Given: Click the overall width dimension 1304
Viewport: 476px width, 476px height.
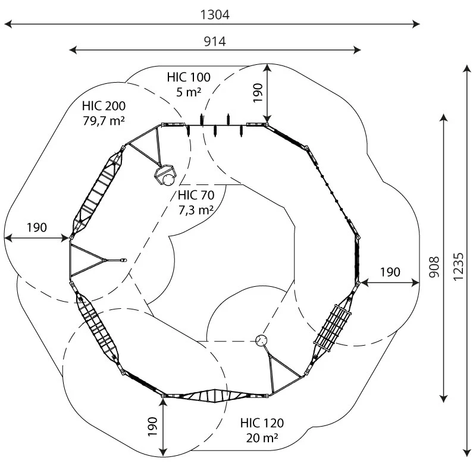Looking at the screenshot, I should point(215,15).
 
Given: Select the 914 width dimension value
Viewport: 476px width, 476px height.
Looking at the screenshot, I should point(215,41).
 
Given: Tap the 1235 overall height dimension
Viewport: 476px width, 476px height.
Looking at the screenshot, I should point(458,262).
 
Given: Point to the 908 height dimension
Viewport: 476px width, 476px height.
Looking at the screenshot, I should point(435,262).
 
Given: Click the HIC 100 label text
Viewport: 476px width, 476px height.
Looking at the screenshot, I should point(189,77).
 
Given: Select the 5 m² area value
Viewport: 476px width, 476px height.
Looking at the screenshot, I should point(189,92).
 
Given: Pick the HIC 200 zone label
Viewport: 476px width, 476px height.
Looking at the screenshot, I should point(104,107).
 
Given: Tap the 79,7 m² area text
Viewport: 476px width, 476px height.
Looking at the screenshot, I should point(104,121).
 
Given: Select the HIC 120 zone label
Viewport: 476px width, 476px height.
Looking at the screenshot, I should point(262,424).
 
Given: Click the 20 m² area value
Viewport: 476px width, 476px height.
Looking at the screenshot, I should point(262,438).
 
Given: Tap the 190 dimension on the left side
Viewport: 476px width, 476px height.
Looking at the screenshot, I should point(36,228).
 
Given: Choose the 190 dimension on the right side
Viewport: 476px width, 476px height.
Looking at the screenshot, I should point(390,272).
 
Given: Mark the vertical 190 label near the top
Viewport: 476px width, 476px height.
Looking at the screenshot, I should point(258,93).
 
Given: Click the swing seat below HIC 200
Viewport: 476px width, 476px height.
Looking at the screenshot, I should point(165,175).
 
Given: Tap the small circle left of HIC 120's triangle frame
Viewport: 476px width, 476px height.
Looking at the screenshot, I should point(261,340).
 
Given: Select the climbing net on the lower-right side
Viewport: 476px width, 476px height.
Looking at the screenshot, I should point(334,327).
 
